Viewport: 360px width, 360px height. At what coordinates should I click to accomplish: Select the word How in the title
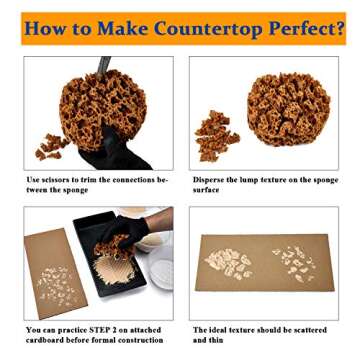[46, 28]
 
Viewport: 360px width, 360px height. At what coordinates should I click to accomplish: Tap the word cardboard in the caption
[45, 340]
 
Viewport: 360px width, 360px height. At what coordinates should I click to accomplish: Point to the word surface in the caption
[207, 190]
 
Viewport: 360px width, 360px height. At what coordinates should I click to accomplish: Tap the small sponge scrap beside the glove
[46, 152]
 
